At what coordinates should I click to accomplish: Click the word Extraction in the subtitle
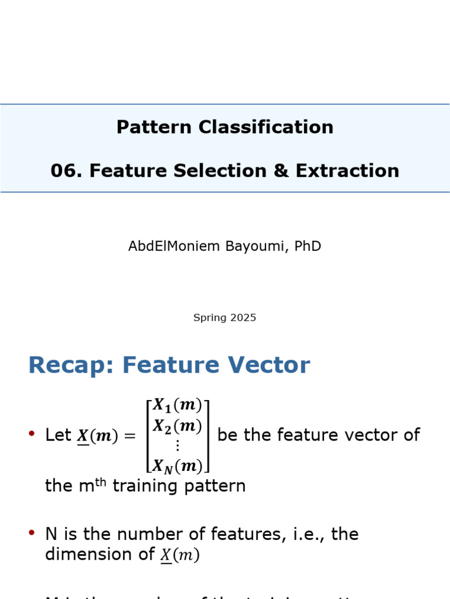click(347, 171)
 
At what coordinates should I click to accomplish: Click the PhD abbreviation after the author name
click(308, 246)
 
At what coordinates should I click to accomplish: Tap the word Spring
click(210, 318)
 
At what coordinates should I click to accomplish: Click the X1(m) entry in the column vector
click(178, 405)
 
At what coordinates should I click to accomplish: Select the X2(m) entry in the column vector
click(178, 426)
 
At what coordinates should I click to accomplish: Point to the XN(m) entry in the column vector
click(178, 466)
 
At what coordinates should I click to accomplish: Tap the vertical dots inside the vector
click(178, 445)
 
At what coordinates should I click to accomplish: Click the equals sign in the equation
click(129, 436)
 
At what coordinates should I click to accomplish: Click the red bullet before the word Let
click(32, 434)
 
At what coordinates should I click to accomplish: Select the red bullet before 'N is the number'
click(32, 533)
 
